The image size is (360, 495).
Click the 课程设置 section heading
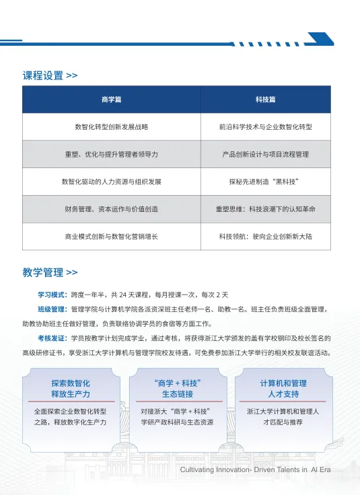tap(44, 75)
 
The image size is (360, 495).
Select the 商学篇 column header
tap(111, 100)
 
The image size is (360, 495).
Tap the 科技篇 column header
tap(265, 100)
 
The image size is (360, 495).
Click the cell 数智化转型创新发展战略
tap(111, 126)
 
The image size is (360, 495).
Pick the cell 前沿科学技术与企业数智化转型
tap(265, 126)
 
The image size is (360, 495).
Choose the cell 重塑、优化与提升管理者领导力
tap(111, 154)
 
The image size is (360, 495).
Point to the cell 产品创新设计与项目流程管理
tap(265, 154)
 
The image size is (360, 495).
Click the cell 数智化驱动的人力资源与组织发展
tap(111, 182)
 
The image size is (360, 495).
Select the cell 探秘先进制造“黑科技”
tap(265, 182)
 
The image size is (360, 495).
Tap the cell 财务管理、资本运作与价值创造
tap(111, 209)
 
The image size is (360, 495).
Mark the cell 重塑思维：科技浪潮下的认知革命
tap(265, 209)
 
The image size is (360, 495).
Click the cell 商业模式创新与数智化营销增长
tap(111, 237)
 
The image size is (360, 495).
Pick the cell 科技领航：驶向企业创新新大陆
tap(265, 237)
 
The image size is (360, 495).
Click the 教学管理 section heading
tap(44, 272)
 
